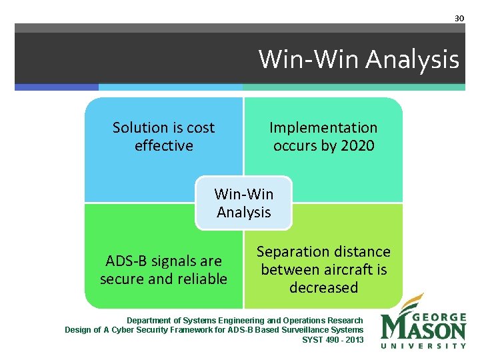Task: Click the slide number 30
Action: [459, 18]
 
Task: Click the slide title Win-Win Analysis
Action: [359, 59]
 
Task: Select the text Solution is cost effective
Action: [163, 136]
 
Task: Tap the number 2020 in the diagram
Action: [357, 145]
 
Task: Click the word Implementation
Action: [323, 127]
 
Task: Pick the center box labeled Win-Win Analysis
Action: [243, 203]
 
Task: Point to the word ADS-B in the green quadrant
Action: [126, 261]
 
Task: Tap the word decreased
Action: [323, 288]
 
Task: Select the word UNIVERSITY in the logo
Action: [423, 345]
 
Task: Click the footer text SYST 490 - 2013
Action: [333, 339]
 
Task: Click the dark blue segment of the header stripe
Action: [57, 87]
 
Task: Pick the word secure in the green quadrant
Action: [117, 279]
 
